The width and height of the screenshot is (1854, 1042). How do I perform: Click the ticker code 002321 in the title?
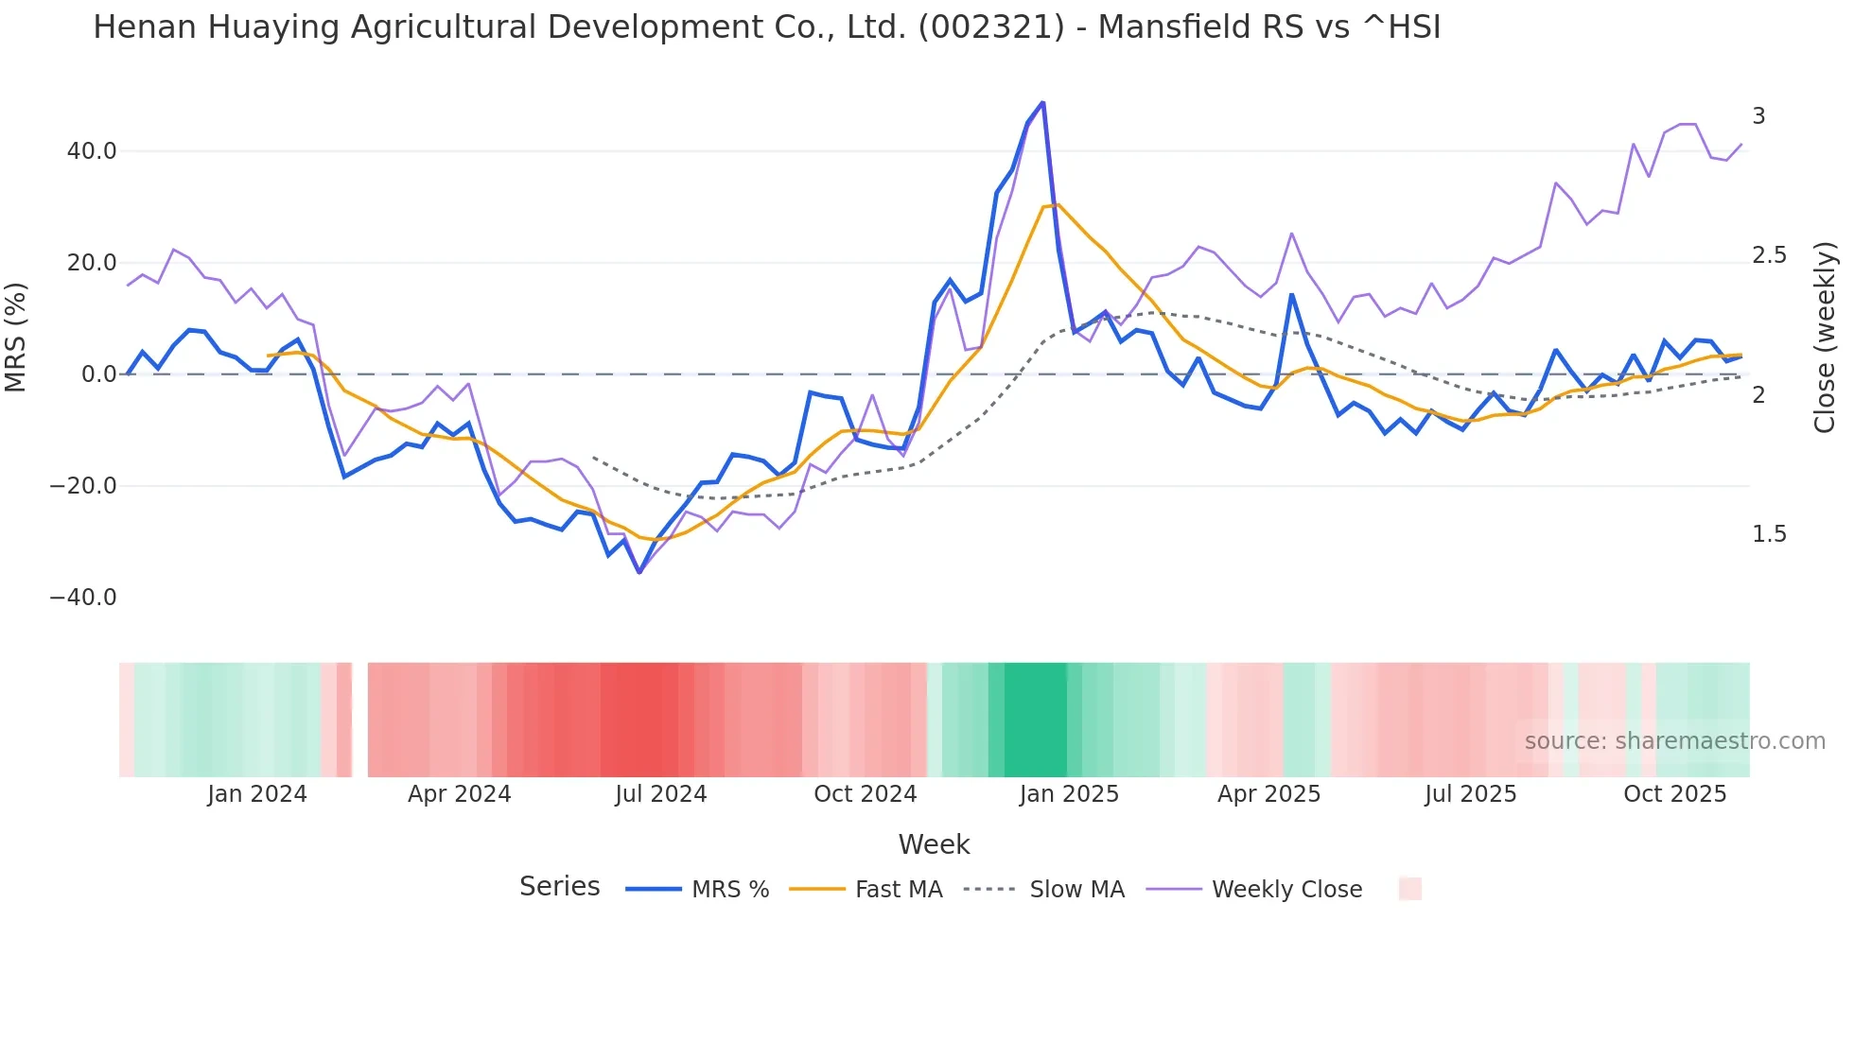992,27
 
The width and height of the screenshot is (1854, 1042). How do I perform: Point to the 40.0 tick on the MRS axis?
92,151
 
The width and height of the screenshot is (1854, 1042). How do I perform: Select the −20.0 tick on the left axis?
83,486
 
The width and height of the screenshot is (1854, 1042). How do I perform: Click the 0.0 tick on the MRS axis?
98,374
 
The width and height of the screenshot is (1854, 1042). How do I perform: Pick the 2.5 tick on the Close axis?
1769,255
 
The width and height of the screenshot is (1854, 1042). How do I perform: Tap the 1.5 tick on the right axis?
1769,534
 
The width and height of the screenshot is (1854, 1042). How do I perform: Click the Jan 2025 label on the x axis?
1069,794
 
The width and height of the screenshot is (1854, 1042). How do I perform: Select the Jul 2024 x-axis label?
661,794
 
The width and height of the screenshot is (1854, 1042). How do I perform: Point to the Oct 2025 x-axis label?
1674,794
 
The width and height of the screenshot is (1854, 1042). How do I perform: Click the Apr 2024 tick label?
459,794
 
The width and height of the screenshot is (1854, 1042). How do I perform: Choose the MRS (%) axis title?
16,337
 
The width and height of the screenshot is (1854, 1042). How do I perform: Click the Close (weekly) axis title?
1825,337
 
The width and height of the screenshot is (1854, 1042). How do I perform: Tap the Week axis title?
934,844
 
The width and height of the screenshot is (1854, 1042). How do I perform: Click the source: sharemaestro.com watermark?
1674,741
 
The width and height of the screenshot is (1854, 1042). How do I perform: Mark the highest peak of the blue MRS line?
1042,102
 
